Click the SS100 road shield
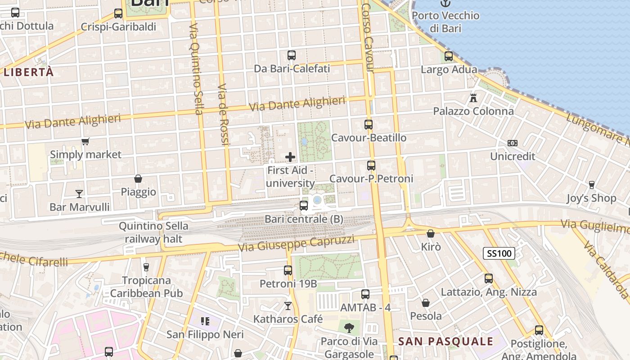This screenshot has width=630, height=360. (499, 253)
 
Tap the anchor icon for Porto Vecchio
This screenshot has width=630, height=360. (445, 4)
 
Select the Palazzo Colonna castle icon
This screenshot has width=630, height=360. (473, 98)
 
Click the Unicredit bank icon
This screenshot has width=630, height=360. (512, 143)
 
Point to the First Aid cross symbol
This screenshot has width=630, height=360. (290, 157)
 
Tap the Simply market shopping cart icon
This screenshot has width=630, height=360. (85, 142)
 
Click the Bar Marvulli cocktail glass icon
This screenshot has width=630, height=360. (79, 194)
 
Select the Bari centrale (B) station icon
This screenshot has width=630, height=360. (304, 206)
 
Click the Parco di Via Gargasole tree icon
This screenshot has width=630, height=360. (349, 328)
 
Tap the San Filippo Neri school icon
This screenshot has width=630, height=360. (205, 321)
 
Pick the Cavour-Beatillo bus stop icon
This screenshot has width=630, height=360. (369, 125)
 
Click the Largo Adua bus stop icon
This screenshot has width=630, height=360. (449, 56)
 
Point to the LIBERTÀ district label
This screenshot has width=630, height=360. (29, 72)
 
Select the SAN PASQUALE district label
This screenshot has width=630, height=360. (445, 342)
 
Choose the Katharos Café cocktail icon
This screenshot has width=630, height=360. (288, 306)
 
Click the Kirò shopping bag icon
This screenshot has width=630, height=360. (431, 234)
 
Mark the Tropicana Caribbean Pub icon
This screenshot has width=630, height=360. (146, 267)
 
